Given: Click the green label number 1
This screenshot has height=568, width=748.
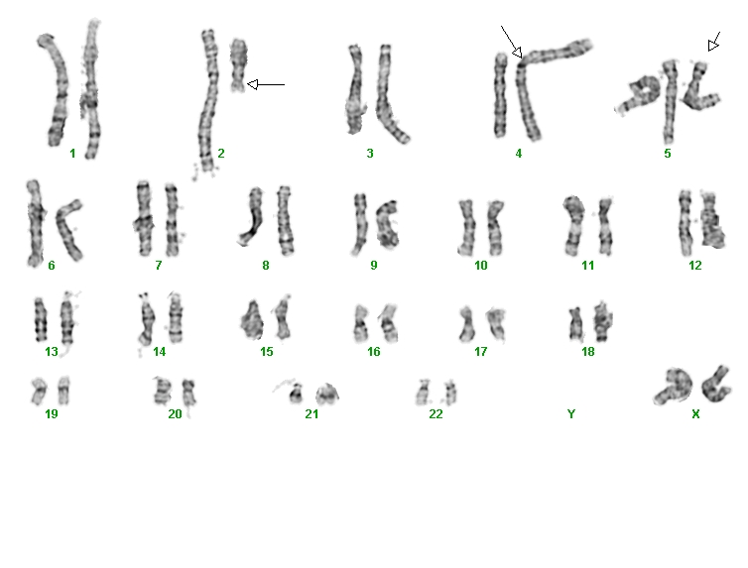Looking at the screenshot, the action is pos(72,154).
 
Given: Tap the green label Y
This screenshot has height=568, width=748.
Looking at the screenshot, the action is pos(571,414).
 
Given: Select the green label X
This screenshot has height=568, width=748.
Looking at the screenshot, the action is pos(695,414).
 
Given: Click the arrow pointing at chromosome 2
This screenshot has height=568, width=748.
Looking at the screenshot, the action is pos(266,85).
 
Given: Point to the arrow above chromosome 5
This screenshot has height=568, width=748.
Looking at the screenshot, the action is pos(713,42).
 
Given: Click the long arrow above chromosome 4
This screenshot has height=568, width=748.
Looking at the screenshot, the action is pos(511,42).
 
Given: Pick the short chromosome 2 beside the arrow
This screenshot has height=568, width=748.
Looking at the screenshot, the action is pos(238,65).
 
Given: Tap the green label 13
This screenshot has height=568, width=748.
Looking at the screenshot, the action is pos(52,352).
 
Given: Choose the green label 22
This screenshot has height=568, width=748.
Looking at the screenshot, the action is pos(436,414).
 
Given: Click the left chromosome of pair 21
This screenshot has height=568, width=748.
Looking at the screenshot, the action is pos(296,394).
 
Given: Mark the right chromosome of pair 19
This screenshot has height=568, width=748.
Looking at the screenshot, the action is pos(63,391).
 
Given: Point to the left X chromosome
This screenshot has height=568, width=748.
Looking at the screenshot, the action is pos(674,386).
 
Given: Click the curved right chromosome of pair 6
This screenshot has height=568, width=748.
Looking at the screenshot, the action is pos(67,229).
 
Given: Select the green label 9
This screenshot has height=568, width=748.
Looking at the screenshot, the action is pos(374,266).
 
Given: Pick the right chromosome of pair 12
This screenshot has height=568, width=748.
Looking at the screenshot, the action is pos(712,220).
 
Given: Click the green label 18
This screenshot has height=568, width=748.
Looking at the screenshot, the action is pos(587,352).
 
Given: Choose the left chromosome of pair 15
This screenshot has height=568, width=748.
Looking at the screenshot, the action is pos(252,320).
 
